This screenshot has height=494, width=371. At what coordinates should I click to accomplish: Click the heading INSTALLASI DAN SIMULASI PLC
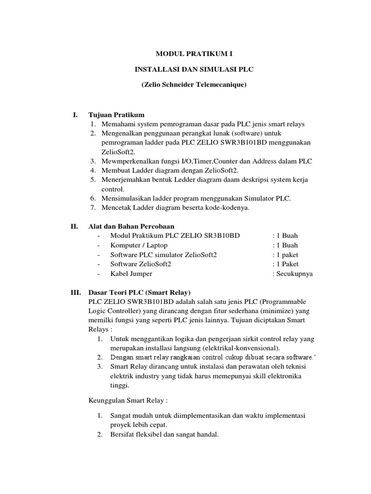click(x=194, y=69)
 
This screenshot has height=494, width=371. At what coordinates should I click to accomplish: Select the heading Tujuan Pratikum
click(x=116, y=115)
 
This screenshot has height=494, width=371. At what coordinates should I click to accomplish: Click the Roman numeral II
click(x=74, y=226)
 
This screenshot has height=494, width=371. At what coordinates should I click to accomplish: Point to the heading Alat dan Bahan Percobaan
click(x=131, y=226)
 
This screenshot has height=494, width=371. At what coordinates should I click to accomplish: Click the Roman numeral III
click(x=76, y=292)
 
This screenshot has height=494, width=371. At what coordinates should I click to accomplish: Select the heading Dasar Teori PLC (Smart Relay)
click(x=140, y=292)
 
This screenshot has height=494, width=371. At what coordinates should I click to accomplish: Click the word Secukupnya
click(x=294, y=274)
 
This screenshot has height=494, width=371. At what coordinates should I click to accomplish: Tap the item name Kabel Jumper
click(x=131, y=274)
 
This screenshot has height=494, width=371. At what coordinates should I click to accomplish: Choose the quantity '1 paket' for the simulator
click(x=287, y=255)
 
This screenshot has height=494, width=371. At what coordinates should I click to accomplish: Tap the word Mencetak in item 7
click(x=114, y=208)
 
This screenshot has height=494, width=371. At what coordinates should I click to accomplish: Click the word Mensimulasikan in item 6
click(x=124, y=198)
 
